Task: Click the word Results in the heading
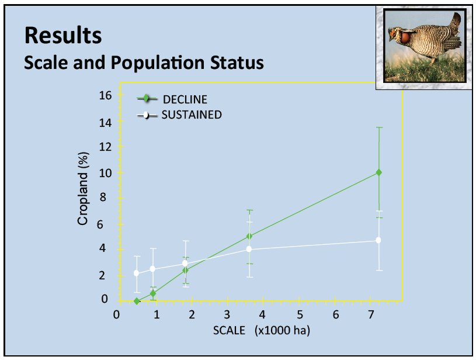click(63, 35)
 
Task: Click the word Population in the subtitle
click(157, 63)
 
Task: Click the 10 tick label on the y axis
click(105, 172)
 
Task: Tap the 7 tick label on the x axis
click(371, 314)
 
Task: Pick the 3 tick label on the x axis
click(227, 314)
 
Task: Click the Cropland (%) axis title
click(82, 189)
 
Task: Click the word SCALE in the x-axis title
click(229, 330)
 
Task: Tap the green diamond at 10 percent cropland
click(379, 172)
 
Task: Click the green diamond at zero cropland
click(137, 301)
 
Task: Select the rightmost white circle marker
click(378, 240)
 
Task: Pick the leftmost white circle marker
click(136, 273)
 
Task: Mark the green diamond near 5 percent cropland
click(249, 236)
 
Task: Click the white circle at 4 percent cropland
click(249, 249)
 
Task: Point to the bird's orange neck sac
click(405, 37)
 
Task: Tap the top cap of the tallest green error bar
click(379, 127)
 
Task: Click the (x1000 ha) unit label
click(282, 330)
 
